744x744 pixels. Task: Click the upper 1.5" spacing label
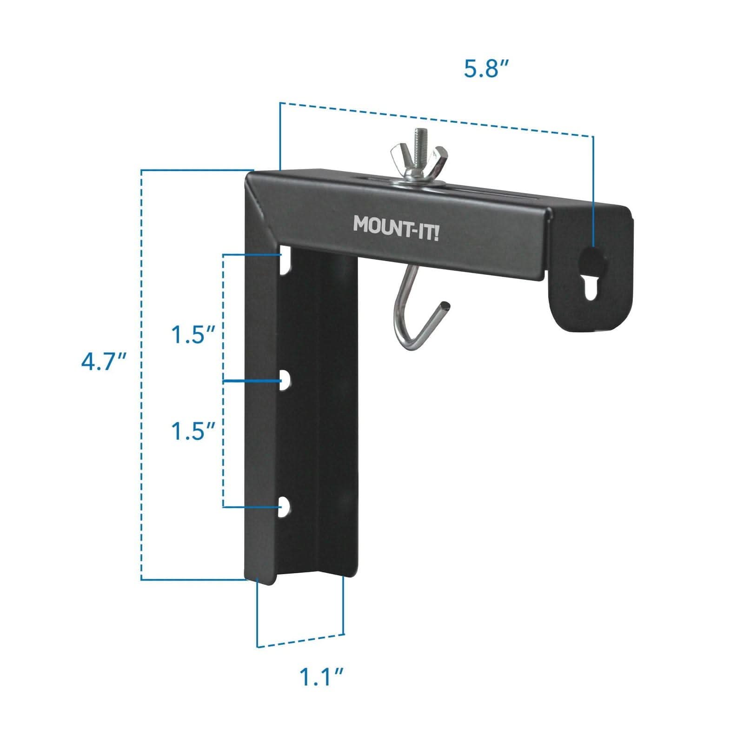click(193, 335)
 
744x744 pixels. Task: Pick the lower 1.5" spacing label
click(193, 432)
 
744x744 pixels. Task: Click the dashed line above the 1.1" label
click(301, 640)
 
